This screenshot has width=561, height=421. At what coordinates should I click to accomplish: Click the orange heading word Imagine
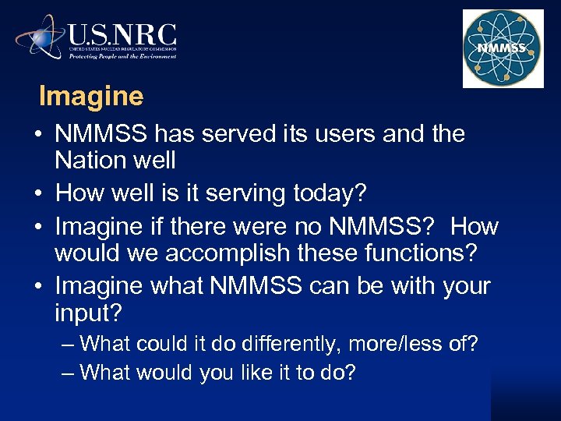91,97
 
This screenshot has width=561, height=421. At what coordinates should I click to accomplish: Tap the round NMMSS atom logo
502,49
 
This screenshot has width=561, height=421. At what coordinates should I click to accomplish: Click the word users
342,134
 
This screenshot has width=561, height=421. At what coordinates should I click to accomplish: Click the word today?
347,191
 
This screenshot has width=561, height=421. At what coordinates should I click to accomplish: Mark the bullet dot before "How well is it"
39,192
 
